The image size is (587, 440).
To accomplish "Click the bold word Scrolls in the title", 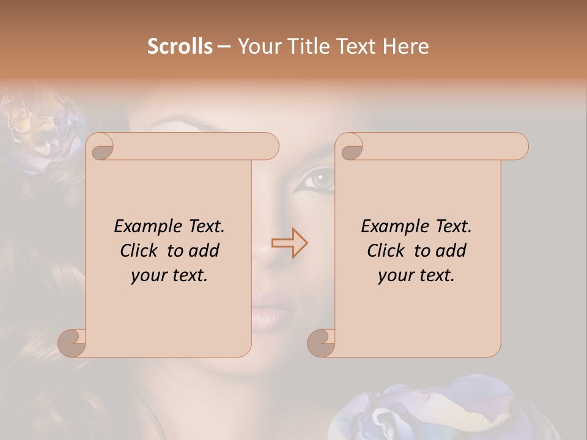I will (180, 46).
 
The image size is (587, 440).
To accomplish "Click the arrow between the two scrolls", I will (290, 243).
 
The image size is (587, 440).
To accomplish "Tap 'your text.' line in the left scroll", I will (169, 275).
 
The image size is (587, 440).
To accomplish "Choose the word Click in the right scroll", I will (386, 251).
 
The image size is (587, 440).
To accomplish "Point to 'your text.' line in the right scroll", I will (416, 275).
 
